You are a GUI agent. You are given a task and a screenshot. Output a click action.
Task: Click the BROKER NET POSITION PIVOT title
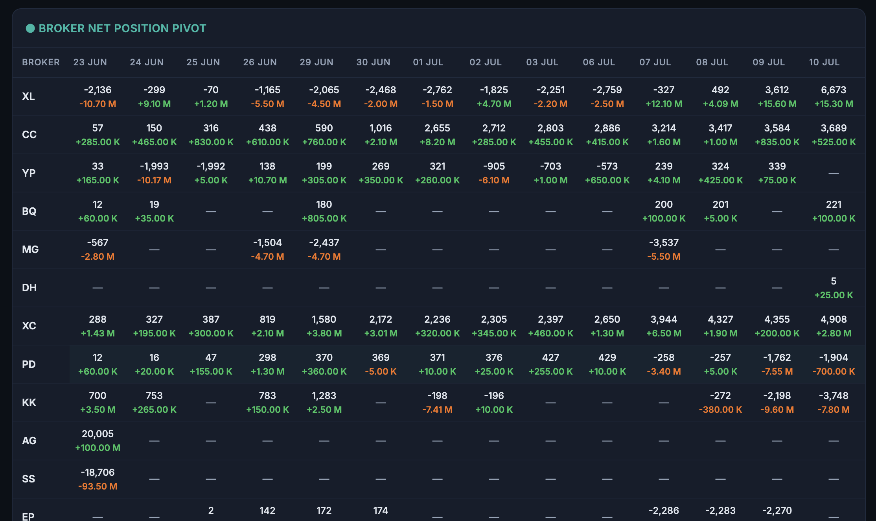coord(122,28)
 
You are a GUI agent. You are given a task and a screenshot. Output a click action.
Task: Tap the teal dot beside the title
coord(30,28)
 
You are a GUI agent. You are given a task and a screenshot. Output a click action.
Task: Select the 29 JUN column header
coord(317,62)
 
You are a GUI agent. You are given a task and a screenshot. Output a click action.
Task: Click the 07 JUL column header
coord(655,62)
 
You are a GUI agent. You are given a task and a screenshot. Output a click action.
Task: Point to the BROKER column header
coord(41,62)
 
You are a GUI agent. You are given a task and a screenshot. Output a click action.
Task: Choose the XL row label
coord(28,96)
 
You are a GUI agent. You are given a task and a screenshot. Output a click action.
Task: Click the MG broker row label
coord(30,249)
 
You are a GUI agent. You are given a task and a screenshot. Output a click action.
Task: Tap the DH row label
coord(29,288)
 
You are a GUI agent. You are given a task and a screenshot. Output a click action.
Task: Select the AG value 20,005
coord(98,434)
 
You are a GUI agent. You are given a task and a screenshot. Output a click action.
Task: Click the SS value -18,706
coord(98,472)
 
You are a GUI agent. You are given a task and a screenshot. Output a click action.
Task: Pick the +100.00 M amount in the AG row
coord(98,448)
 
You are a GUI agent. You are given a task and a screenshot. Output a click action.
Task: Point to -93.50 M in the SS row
coord(98,486)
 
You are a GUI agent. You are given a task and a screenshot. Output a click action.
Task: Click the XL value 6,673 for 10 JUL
coord(834,90)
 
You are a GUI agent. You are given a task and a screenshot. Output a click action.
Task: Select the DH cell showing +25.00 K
coord(834,295)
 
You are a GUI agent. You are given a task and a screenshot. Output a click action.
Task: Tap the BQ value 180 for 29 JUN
coord(324,204)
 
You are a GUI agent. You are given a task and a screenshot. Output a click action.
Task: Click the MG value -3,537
coord(664,242)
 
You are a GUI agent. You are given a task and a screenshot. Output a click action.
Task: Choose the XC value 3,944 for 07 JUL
coord(664,319)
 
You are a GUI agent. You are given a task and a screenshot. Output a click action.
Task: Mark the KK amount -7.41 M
coord(437,410)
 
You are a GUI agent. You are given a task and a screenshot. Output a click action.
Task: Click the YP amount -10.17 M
coord(154,180)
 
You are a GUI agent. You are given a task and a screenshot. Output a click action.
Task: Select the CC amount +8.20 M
coord(437,142)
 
